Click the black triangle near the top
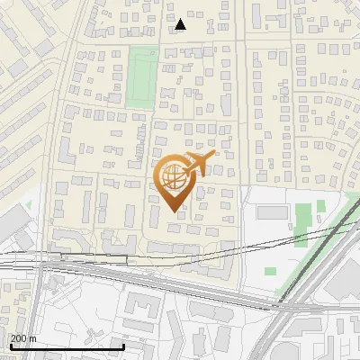[180, 24]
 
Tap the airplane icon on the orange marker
[200, 164]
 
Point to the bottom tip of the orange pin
[175, 211]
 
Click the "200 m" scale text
[22, 337]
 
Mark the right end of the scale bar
[123, 346]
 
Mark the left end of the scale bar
[10, 346]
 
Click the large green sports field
[139, 77]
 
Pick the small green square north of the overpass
[272, 271]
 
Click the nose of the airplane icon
[215, 158]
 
